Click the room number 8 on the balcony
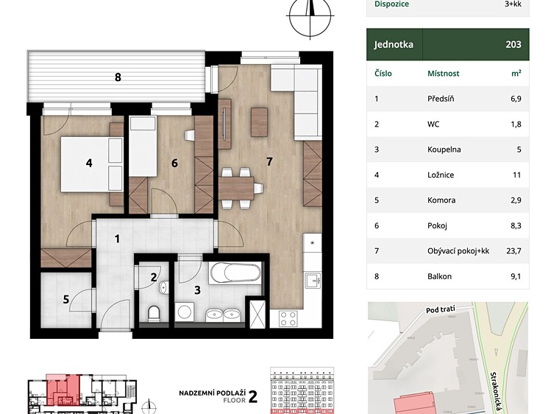point(118,77)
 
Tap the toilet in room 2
point(154,313)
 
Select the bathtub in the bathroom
point(235,273)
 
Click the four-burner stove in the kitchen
point(288,319)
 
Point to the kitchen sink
point(313,281)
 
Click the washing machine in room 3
point(184,312)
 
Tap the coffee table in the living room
point(260,122)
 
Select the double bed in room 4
point(92,164)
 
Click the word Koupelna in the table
point(444,150)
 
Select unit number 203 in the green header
point(513,44)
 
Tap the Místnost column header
point(443,74)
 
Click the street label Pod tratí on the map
point(441,309)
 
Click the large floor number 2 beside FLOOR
point(253,396)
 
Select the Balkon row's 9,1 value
point(516,276)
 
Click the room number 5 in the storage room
point(66,299)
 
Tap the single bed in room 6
point(143,147)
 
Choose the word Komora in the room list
point(441,200)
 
